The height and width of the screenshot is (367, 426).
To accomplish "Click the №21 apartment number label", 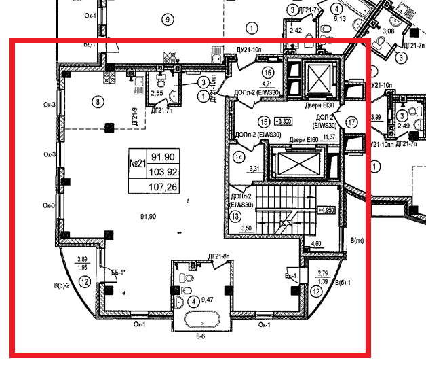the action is (x=138, y=164).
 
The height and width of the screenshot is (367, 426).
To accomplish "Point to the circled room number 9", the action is (x=165, y=19).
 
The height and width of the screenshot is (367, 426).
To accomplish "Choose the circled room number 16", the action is (x=267, y=73).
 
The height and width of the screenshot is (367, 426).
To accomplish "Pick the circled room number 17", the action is (x=351, y=122).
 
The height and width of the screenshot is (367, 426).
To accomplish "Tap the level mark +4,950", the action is (x=328, y=211).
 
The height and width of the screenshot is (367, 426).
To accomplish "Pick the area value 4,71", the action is (x=267, y=84).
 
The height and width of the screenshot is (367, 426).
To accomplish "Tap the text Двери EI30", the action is (x=319, y=106).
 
